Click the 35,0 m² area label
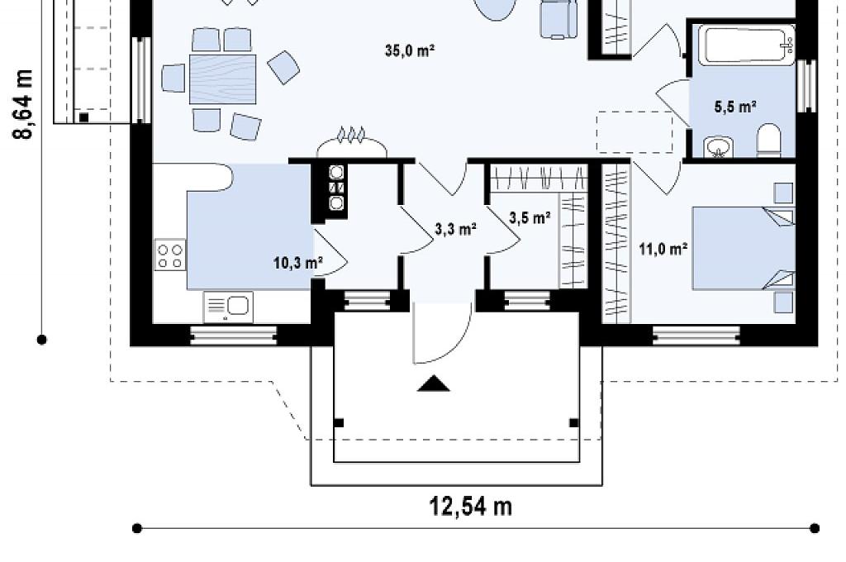click(410, 50)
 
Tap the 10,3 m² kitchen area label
click(297, 263)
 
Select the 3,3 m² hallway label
click(456, 230)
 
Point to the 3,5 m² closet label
click(530, 217)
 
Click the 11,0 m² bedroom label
click(663, 249)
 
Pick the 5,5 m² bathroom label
click(734, 107)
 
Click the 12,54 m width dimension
click(470, 507)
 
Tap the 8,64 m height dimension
click(24, 104)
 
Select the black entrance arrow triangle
click(434, 383)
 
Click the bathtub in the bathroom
click(746, 45)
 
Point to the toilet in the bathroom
click(769, 140)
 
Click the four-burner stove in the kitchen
click(170, 255)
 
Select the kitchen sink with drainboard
click(228, 307)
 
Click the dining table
click(222, 79)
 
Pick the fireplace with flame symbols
click(351, 142)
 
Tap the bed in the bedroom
click(744, 248)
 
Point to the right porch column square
click(574, 422)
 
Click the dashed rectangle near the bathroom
click(634, 132)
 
